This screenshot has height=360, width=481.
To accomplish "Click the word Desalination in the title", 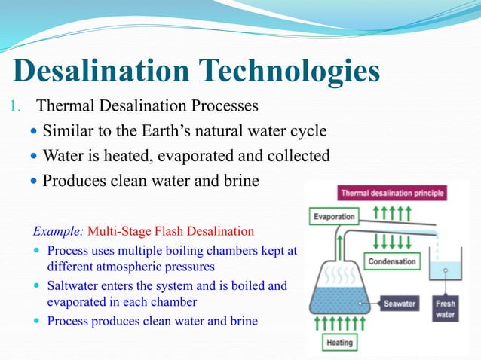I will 103,72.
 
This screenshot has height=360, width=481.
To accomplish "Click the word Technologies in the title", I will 290,72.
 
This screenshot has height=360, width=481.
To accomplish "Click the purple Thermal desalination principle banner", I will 392,193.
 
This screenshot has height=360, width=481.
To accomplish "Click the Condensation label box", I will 392,261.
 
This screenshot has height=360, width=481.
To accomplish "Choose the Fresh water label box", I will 446,309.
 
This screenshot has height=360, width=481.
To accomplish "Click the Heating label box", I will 339,343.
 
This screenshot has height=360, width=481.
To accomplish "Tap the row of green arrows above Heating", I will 339,324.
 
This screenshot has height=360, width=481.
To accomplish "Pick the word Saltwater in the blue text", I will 72,286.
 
